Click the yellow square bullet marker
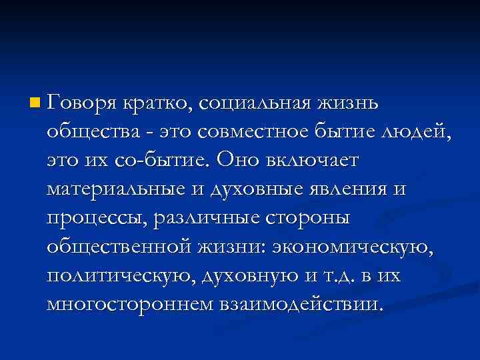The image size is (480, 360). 35,104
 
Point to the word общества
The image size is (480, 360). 88,133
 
